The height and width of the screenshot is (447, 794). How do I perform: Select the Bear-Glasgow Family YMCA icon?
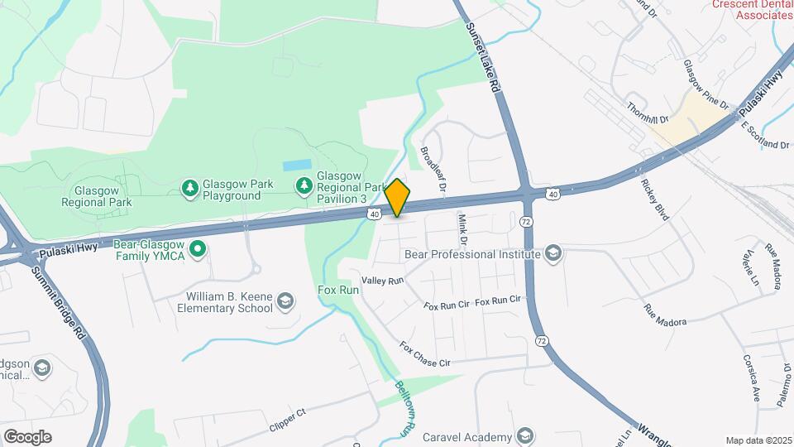click(197, 248)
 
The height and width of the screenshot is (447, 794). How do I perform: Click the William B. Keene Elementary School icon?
click(286, 301)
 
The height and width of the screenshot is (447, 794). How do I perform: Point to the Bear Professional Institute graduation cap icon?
click(553, 254)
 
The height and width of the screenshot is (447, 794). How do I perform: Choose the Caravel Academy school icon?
click(524, 436)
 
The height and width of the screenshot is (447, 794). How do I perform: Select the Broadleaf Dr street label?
click(433, 170)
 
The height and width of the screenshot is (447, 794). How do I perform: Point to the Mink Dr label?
click(462, 230)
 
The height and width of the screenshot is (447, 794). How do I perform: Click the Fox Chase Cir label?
click(425, 354)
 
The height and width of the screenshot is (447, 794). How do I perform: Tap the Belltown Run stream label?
click(403, 407)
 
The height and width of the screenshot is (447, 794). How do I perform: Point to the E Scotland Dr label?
click(765, 135)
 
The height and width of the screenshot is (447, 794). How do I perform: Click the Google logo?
click(27, 436)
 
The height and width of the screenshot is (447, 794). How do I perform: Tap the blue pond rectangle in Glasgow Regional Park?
click(298, 165)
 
